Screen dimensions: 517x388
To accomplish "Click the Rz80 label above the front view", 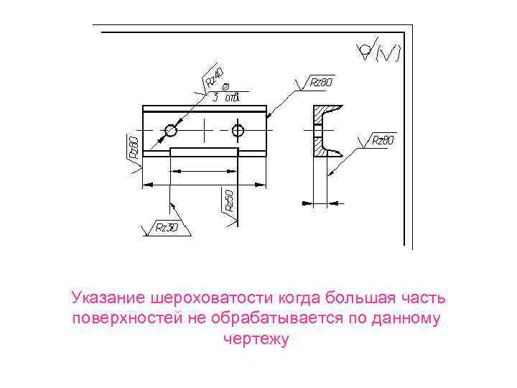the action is click(321, 82).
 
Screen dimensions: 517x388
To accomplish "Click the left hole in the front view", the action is click(171, 131).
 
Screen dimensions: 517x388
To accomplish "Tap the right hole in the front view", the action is click(238, 131).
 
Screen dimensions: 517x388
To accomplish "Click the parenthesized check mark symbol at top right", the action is click(389, 52).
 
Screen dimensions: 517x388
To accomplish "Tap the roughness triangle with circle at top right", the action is click(365, 50).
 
